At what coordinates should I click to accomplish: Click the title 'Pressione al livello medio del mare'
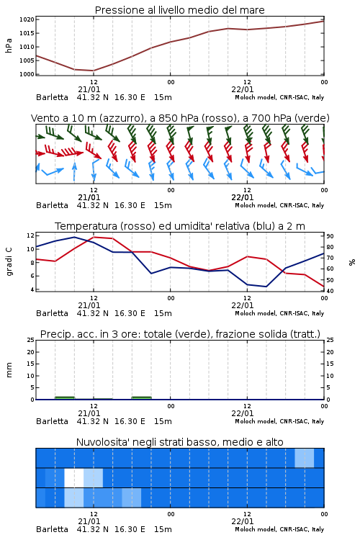pyautogui.click(x=179, y=10)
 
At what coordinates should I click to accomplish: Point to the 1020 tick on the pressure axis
pyautogui.click(x=27, y=19)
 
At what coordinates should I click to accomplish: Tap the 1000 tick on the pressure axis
pyautogui.click(x=27, y=74)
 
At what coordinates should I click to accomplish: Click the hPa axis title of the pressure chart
pyautogui.click(x=9, y=45)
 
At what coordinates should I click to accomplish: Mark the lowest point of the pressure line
pyautogui.click(x=94, y=71)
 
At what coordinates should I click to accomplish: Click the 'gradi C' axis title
pyautogui.click(x=9, y=262)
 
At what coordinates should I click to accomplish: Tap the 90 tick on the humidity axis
pyautogui.click(x=330, y=236)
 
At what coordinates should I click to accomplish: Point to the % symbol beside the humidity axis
pyautogui.click(x=352, y=262)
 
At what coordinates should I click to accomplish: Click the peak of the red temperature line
pyautogui.click(x=94, y=237)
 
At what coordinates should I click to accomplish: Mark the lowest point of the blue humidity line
pyautogui.click(x=266, y=287)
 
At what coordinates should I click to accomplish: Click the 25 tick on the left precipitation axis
pyautogui.click(x=31, y=340)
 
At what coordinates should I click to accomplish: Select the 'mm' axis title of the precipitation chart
pyautogui.click(x=9, y=370)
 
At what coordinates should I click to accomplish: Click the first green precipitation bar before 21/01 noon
pyautogui.click(x=65, y=398)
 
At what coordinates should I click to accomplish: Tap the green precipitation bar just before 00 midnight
pyautogui.click(x=142, y=398)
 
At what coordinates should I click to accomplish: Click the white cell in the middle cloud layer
pyautogui.click(x=74, y=477)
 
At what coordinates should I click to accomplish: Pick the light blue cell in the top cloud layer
pyautogui.click(x=305, y=458)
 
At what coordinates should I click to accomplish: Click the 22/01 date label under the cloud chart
pyautogui.click(x=243, y=521)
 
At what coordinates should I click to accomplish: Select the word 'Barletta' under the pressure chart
pyautogui.click(x=52, y=97)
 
